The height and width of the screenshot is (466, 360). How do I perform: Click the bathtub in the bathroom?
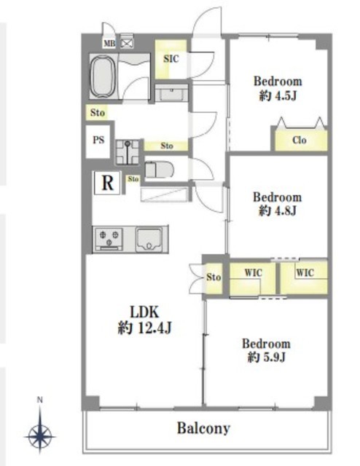click(x=103, y=77)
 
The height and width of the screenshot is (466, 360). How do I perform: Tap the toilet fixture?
click(x=159, y=170)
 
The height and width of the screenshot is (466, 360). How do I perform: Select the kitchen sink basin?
click(x=149, y=240)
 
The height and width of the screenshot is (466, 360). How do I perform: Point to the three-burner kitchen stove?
click(x=109, y=239)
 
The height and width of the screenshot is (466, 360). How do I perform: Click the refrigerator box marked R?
click(x=107, y=183)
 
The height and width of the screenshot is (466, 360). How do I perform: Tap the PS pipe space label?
click(x=98, y=140)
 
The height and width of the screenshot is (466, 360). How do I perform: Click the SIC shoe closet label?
click(x=171, y=58)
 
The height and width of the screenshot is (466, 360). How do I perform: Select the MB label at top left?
click(x=109, y=44)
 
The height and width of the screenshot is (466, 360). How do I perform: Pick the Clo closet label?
click(x=300, y=140)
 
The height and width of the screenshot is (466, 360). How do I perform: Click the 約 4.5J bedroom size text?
click(x=278, y=96)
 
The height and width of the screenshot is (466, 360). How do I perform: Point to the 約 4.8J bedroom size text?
click(x=278, y=210)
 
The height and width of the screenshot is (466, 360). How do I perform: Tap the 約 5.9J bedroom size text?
click(x=267, y=357)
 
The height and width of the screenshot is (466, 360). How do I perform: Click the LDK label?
click(x=144, y=312)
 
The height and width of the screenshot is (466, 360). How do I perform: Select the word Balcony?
click(x=204, y=428)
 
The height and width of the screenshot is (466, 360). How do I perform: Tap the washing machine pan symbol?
click(x=128, y=152)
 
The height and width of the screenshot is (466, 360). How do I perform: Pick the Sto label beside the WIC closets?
click(x=214, y=277)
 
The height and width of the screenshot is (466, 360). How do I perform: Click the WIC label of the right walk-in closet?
click(x=305, y=272)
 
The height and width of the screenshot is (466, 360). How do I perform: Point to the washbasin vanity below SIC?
click(x=172, y=93)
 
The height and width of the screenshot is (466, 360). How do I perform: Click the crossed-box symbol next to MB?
click(x=127, y=44)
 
